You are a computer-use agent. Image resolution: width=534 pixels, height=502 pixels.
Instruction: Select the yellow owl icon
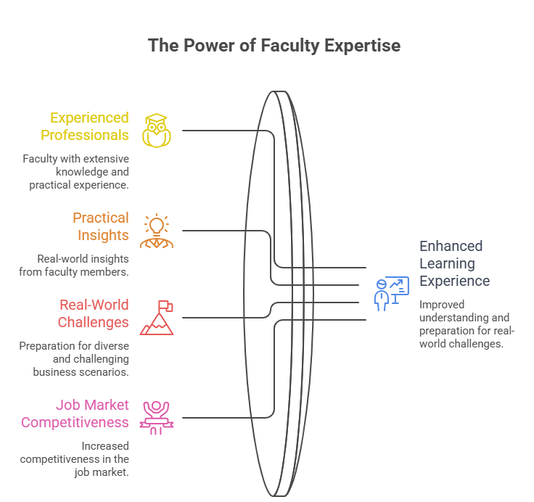156,131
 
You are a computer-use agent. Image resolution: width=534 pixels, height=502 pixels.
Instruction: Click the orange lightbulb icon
156,231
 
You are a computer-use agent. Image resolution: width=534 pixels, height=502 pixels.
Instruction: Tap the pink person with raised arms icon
156,417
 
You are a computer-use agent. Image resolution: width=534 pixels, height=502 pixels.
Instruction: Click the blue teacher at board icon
390,293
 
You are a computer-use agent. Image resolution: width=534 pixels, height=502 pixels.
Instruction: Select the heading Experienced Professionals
85,126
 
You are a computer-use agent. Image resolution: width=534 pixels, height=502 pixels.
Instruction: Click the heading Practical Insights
101,226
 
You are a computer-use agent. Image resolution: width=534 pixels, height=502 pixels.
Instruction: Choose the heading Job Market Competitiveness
75,413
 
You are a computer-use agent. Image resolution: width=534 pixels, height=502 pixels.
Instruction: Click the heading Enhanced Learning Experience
454,263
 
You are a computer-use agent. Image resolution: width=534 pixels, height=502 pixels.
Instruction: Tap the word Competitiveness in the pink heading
75,422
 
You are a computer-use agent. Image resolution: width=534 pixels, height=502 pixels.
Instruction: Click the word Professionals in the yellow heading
85,135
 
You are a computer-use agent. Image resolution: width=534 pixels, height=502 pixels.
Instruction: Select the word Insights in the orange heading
104,235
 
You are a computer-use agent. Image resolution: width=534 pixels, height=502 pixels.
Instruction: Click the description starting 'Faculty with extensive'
76,172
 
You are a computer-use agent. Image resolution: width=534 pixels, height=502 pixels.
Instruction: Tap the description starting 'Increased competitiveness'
75,458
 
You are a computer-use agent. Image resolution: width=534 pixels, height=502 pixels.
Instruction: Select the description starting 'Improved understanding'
467,324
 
